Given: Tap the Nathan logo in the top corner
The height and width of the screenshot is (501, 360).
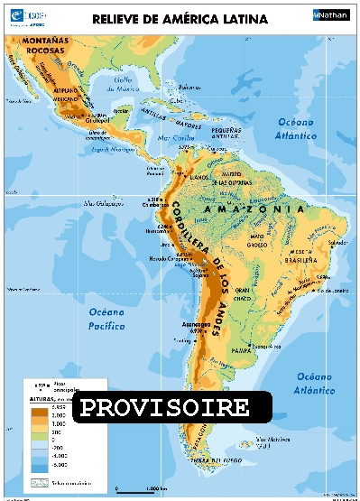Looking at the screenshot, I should tap(329, 15).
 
